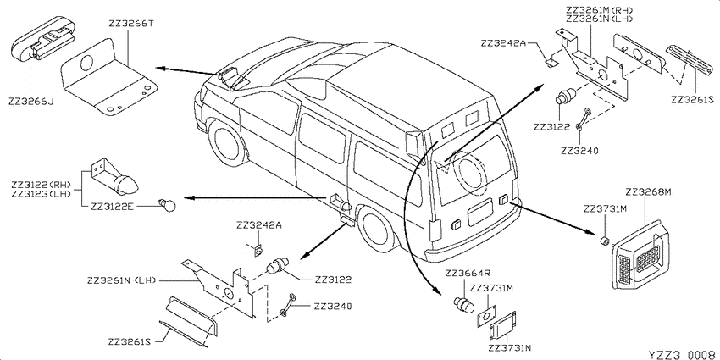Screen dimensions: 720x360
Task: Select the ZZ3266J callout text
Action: pos(30,102)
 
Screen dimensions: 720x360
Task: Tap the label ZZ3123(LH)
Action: pos(42,193)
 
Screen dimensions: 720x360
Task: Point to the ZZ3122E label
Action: pos(111,206)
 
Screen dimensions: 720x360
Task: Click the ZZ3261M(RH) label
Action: pos(599,10)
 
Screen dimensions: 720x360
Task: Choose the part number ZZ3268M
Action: pos(648,192)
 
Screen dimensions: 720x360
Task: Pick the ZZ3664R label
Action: pos(468,274)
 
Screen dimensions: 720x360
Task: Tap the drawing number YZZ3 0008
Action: pos(683,354)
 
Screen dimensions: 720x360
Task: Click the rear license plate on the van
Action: pos(479,212)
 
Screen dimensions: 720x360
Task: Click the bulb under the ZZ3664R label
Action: pos(464,304)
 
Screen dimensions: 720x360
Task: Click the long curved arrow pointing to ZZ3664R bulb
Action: pos(410,216)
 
